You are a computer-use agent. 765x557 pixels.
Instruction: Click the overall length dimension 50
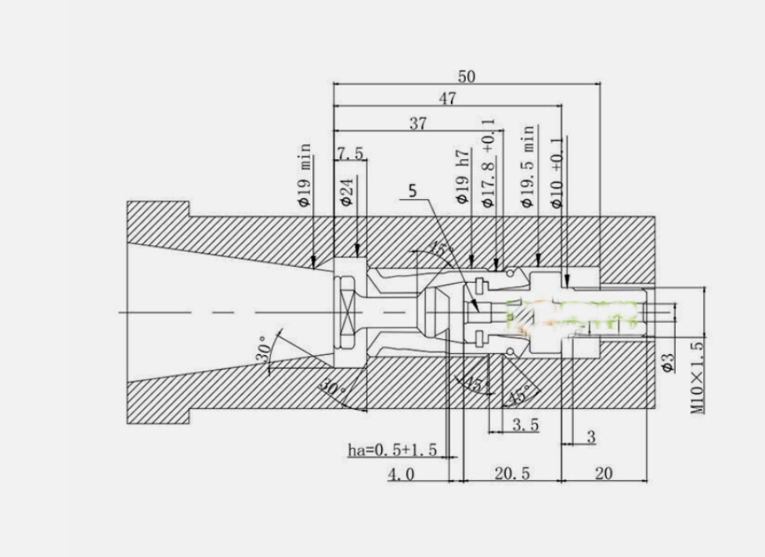pos(467,76)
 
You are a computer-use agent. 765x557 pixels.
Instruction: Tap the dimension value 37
pos(419,123)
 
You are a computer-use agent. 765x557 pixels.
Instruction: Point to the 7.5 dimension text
pos(350,153)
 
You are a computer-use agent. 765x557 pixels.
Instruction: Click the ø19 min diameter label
pos(304,175)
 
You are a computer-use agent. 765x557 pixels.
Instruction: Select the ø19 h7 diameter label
pos(462,177)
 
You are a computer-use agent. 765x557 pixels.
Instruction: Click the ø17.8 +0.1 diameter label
pos(488,164)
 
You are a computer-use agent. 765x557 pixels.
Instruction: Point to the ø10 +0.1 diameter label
pos(557,172)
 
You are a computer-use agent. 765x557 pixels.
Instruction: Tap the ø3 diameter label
pos(668,361)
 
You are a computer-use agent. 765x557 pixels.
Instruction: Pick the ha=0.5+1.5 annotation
pos(392,450)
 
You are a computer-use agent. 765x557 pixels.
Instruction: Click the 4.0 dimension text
pos(401,473)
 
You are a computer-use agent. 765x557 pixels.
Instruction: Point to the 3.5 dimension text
pos(525,425)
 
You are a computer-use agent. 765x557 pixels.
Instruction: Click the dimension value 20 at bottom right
pos(604,473)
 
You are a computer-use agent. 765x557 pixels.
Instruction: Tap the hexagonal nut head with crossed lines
pos(345,312)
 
